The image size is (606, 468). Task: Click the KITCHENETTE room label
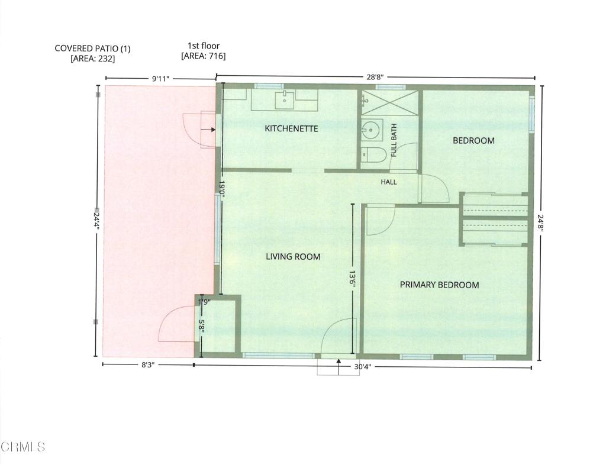tap(291, 128)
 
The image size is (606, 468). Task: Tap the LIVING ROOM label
tap(293, 257)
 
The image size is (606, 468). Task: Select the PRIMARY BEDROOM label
tap(440, 285)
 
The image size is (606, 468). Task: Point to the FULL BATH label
tap(394, 140)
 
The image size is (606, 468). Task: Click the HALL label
tap(389, 182)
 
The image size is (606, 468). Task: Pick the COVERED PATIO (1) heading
tap(93, 49)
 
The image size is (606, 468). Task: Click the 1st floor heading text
tap(204, 46)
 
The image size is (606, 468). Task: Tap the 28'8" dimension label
tap(375, 77)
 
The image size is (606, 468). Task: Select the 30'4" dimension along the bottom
tap(363, 366)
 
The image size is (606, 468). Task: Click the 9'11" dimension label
tap(161, 79)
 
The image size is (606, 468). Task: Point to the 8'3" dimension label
tap(148, 365)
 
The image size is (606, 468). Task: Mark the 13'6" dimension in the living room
tap(353, 279)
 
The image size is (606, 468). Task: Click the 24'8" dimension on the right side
tap(541, 223)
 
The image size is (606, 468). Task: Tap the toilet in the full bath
tap(374, 155)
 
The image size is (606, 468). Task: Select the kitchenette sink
tap(285, 101)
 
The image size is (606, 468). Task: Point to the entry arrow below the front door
tap(339, 367)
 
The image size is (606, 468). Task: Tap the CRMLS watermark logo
tap(23, 447)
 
